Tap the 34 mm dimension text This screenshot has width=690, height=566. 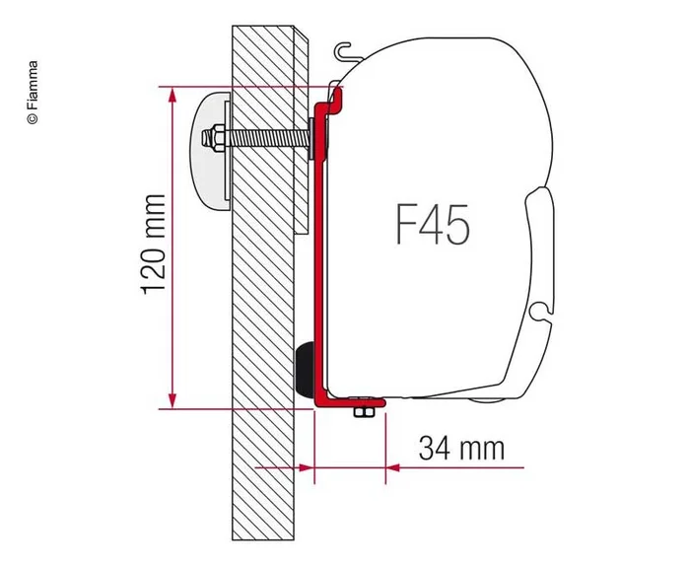(x=461, y=450)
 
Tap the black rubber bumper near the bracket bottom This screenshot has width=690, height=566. (x=307, y=369)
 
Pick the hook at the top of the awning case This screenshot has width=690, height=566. (x=341, y=50)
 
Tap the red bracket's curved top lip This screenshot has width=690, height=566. (x=336, y=96)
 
